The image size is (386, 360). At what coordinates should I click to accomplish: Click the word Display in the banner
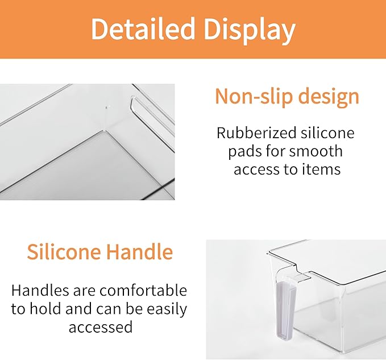tap(249, 30)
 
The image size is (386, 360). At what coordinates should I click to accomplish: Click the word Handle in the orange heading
tap(142, 251)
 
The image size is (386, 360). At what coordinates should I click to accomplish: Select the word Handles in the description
tap(39, 291)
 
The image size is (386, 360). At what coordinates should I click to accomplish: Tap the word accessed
tap(100, 328)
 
